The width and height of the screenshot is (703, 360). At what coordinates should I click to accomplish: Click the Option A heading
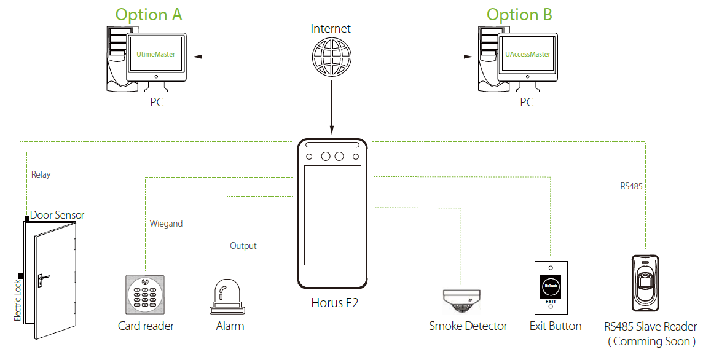(149, 15)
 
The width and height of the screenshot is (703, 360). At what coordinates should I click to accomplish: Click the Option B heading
(519, 15)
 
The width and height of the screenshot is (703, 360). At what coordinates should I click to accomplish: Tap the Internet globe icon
(331, 57)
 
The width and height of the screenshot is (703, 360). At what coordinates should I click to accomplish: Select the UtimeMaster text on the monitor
(155, 54)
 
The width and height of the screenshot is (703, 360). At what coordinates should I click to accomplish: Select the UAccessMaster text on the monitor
(528, 54)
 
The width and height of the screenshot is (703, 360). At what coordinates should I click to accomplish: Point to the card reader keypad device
(145, 294)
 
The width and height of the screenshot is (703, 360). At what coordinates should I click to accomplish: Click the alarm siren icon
(228, 297)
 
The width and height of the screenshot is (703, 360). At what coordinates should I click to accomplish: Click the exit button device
(551, 286)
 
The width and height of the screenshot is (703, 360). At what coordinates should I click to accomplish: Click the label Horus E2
(334, 303)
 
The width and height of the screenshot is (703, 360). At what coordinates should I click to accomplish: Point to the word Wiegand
(166, 224)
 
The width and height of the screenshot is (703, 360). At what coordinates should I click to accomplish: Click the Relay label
(41, 174)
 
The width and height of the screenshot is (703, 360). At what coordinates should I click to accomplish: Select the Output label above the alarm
(243, 246)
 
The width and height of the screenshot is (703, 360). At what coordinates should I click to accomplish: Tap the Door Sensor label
(57, 215)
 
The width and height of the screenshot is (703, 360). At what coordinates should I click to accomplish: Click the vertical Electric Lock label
(17, 300)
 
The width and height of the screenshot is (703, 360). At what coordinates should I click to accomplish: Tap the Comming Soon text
(651, 341)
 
